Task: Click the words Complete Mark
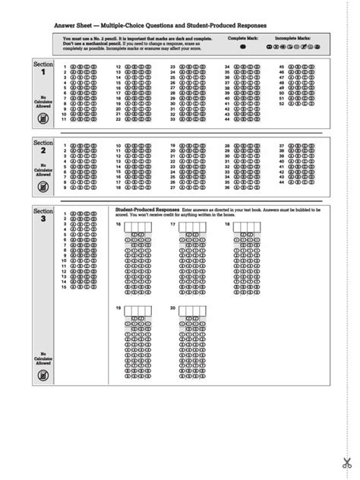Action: tap(243, 37)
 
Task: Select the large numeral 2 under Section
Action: tap(43, 151)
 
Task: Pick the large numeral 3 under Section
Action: tap(43, 219)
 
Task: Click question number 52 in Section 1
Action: tap(282, 103)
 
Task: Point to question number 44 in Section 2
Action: tap(282, 182)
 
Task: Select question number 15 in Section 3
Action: tap(65, 286)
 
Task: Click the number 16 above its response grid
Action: tap(118, 225)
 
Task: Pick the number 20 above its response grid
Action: tap(173, 308)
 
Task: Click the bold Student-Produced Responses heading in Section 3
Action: tap(147, 208)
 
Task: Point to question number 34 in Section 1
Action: tap(227, 67)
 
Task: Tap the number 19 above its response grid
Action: tap(118, 308)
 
